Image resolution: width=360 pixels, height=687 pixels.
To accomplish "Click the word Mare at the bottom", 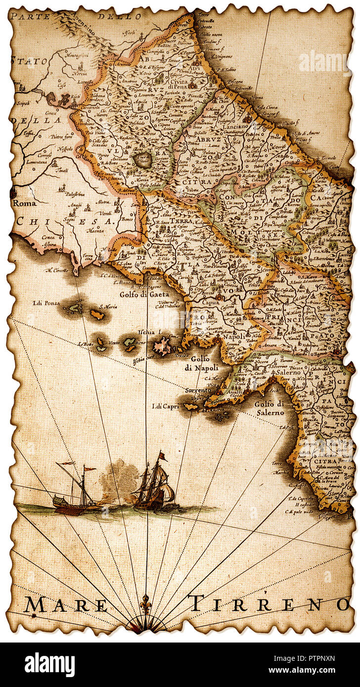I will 66,604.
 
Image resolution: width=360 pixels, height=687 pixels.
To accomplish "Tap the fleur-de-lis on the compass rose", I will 145,604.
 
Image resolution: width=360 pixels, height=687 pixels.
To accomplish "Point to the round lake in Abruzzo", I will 143,159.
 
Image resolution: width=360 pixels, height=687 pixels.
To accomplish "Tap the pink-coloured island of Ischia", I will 162,345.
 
